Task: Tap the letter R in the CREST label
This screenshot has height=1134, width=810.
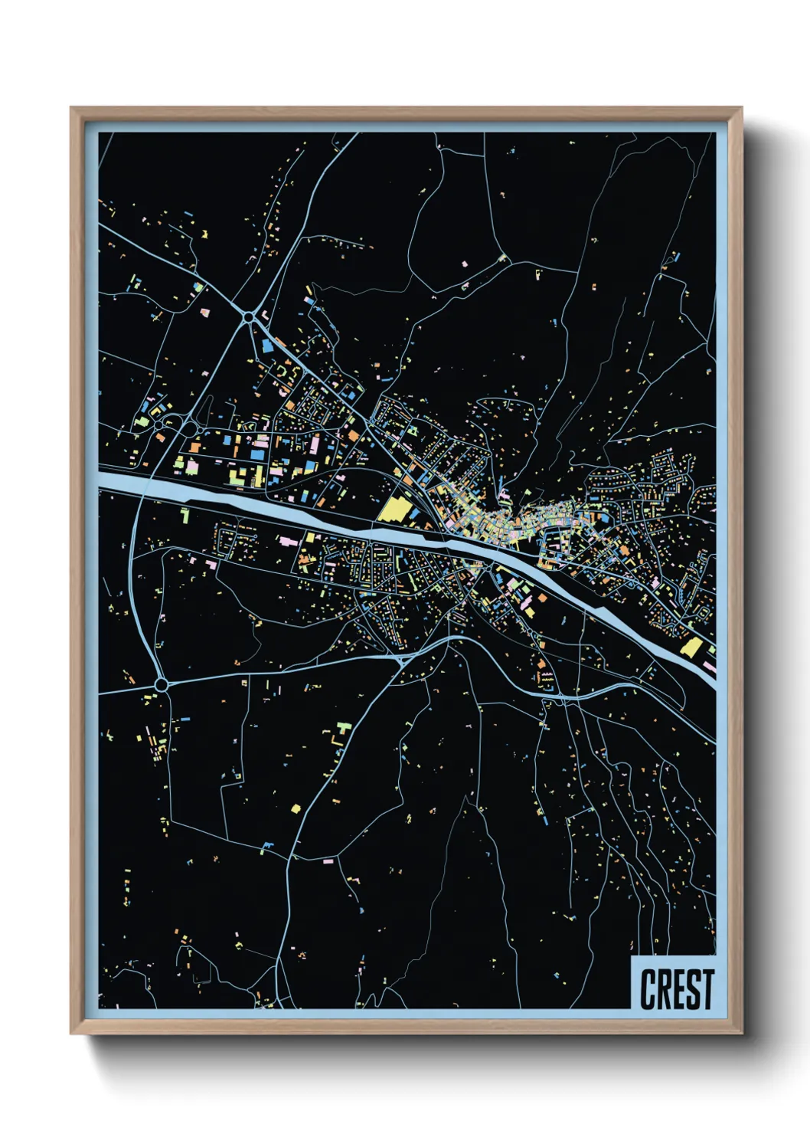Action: coord(663,989)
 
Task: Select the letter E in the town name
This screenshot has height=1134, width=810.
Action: coord(678,989)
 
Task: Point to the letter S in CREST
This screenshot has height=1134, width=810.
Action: coord(693,989)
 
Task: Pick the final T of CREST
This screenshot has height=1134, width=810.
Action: coord(707,989)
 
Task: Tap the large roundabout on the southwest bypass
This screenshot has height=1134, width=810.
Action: coord(161,683)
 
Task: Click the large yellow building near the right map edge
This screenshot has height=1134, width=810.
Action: coord(691,647)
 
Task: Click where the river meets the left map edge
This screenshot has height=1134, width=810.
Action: coord(102,481)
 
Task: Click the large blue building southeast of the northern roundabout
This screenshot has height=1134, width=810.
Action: coord(267,346)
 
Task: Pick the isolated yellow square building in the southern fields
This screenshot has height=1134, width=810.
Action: coord(296,808)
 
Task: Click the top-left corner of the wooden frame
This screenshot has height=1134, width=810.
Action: coord(72,109)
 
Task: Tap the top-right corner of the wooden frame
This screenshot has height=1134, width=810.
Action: coord(740,109)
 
